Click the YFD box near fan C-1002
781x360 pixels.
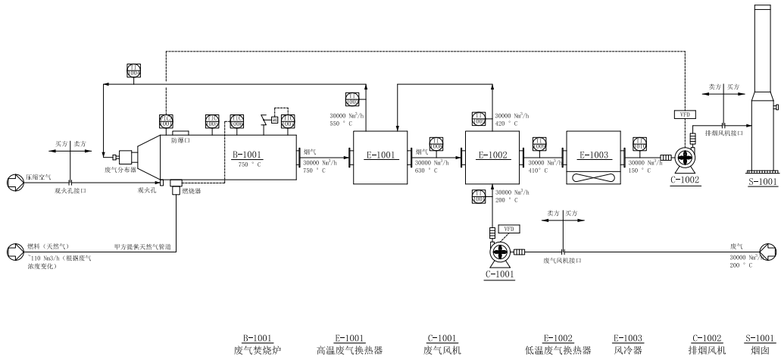[683, 114]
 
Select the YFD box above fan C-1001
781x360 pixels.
[509, 229]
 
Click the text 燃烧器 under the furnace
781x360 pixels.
[190, 192]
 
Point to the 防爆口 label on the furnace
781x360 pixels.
[180, 140]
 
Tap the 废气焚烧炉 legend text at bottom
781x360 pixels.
[257, 350]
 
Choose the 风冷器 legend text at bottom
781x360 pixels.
[628, 350]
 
